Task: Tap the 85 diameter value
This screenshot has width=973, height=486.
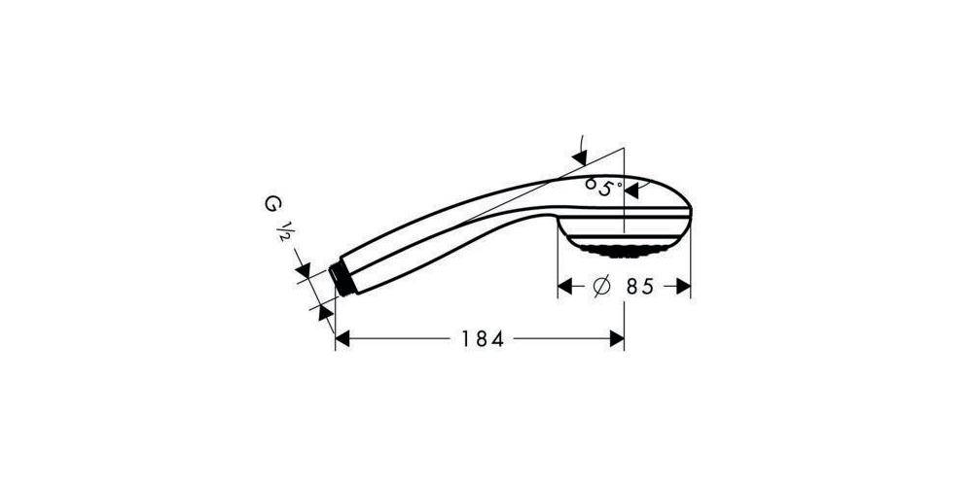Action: tap(637, 287)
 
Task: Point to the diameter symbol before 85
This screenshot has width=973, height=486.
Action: tap(600, 287)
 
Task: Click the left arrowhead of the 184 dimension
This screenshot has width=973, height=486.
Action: tap(342, 339)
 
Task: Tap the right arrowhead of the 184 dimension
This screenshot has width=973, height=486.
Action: tap(616, 339)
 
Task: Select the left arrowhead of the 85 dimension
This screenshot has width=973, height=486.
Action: tap(563, 287)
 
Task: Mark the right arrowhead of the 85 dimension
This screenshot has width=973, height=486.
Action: tap(683, 287)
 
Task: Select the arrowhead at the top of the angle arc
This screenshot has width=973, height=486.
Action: tap(580, 155)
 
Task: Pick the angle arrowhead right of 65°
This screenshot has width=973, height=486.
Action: tap(632, 191)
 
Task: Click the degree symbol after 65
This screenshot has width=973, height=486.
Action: tap(618, 182)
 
